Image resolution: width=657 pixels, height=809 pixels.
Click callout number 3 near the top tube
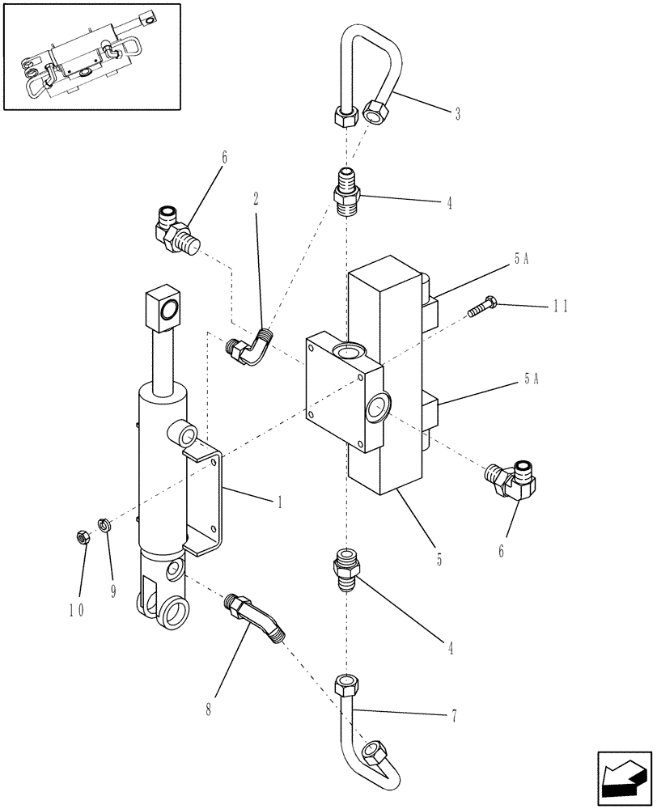click(x=457, y=114)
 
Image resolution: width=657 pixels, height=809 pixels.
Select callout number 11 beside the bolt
click(x=561, y=306)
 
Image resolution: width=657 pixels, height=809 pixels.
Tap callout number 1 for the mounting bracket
click(x=280, y=502)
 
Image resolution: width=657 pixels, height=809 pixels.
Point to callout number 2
click(x=256, y=197)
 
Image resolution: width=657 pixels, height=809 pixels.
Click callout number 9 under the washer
click(x=112, y=591)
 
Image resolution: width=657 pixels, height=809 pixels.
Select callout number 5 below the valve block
click(x=439, y=559)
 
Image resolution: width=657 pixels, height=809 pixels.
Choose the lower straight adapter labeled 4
click(x=345, y=571)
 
